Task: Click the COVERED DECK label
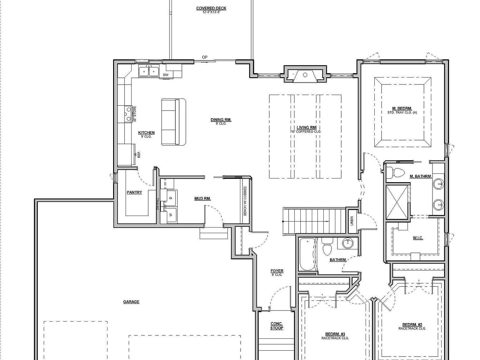point(211,8)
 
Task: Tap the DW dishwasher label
point(166,75)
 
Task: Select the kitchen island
point(174,122)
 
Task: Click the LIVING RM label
point(306,127)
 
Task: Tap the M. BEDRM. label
point(402,108)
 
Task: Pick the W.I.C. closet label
point(418,238)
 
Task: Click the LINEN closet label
point(352,221)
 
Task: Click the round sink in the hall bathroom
point(347,243)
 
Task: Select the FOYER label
point(277,271)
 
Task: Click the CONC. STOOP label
point(277,326)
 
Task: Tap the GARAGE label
point(131,302)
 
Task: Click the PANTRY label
point(134,192)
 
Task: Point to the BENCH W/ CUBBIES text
point(245,201)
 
